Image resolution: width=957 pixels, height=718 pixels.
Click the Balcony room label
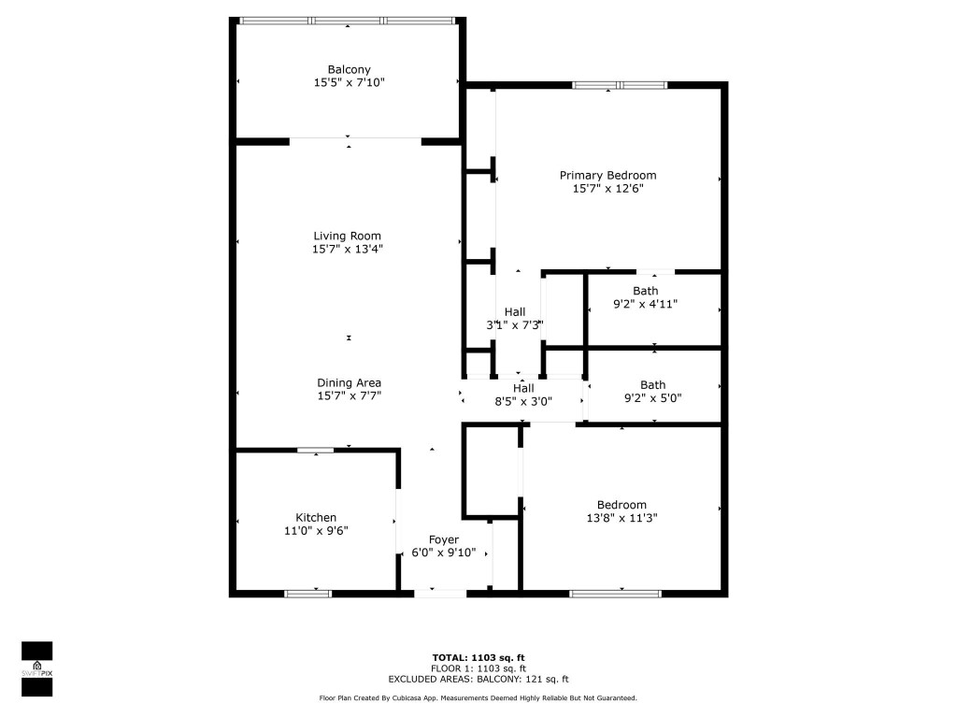tap(349, 69)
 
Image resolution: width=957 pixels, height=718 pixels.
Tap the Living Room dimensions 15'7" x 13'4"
tap(348, 250)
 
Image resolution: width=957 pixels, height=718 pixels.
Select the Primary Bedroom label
tap(607, 175)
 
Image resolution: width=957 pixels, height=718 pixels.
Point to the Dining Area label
tap(349, 382)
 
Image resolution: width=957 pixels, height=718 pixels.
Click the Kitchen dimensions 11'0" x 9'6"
tap(316, 531)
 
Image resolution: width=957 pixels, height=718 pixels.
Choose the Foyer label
tap(444, 539)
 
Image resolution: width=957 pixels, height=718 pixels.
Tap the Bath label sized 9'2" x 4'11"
tap(645, 291)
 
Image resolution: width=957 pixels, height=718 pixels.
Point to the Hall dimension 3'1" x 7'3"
tap(515, 325)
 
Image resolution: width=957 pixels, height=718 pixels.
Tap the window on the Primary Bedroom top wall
tap(620, 86)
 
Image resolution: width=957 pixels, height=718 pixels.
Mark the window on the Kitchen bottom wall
tap(307, 593)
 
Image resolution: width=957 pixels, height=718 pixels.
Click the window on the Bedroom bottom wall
tap(615, 593)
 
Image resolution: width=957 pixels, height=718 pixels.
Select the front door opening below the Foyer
tap(440, 593)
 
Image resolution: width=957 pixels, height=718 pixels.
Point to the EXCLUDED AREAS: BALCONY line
tap(478, 680)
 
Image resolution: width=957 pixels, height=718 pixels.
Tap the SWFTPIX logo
tap(37, 668)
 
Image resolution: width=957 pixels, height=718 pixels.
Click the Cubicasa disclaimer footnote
tap(478, 698)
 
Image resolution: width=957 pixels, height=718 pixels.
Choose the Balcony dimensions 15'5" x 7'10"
tap(349, 83)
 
